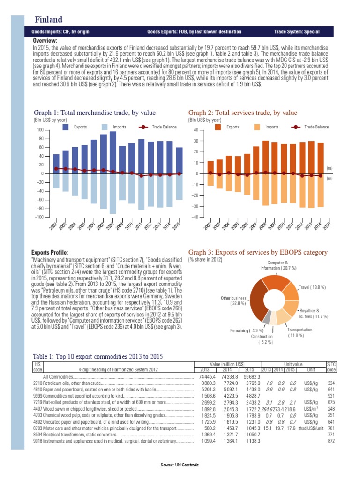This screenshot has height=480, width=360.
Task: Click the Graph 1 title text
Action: [x=95, y=112]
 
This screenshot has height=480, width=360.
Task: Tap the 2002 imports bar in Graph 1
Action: [x=56, y=181]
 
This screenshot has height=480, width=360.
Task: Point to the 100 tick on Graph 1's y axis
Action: [x=40, y=130]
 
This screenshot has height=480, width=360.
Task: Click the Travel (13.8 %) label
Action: [x=312, y=286]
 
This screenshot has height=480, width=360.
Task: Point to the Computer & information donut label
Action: [x=278, y=265]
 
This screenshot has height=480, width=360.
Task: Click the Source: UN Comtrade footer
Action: [x=180, y=465]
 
